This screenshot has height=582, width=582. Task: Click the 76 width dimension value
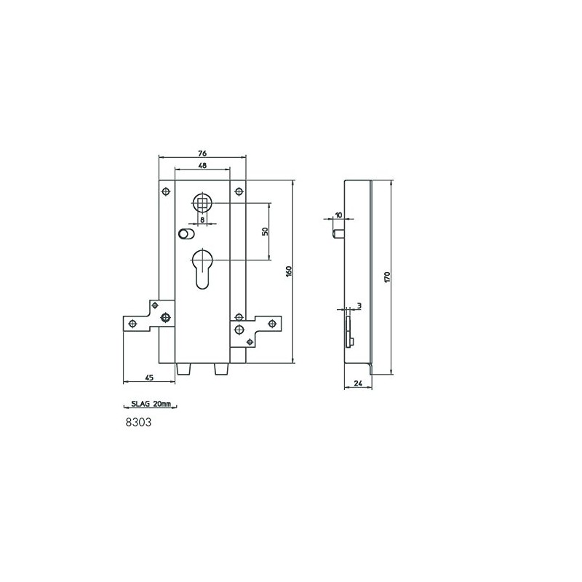pyautogui.click(x=202, y=153)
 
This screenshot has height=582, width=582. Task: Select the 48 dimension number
pyautogui.click(x=202, y=166)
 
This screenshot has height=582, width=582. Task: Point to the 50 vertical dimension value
pyautogui.click(x=266, y=231)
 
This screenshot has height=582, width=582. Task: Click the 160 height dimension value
pyautogui.click(x=289, y=271)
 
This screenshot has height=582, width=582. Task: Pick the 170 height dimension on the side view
pyautogui.click(x=388, y=276)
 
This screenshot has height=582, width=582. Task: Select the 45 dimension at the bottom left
pyautogui.click(x=149, y=378)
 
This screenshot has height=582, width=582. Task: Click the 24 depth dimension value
pyautogui.click(x=357, y=382)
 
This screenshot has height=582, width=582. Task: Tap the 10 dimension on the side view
pyautogui.click(x=339, y=215)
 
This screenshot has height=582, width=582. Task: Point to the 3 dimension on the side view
pyautogui.click(x=359, y=306)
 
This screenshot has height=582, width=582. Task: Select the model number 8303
pyautogui.click(x=138, y=421)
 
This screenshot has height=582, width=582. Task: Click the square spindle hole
pyautogui.click(x=202, y=201)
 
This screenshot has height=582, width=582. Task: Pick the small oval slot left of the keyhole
pyautogui.click(x=185, y=234)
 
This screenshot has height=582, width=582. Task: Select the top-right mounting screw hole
pyautogui.click(x=238, y=191)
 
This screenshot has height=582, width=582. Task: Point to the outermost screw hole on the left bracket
pyautogui.click(x=132, y=324)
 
